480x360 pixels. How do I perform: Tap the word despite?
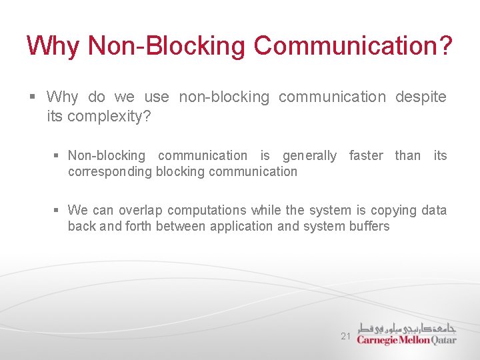pyautogui.click(x=421, y=97)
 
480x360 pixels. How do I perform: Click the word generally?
pyautogui.click(x=309, y=156)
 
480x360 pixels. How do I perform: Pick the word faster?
pyautogui.click(x=366, y=156)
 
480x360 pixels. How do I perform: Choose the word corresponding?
pyautogui.click(x=109, y=172)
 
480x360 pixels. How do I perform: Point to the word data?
pyautogui.click(x=434, y=211)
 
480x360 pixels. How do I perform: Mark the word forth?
pyautogui.click(x=138, y=227)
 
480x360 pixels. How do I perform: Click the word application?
pyautogui.click(x=241, y=227)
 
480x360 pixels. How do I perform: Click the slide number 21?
pyautogui.click(x=345, y=337)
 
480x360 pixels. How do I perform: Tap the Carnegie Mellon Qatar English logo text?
pyautogui.click(x=407, y=339)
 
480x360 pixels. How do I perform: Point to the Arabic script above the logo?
pyautogui.click(x=407, y=327)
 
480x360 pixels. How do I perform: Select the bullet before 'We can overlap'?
pyautogui.click(x=57, y=211)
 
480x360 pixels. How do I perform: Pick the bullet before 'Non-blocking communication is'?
pyautogui.click(x=57, y=156)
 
